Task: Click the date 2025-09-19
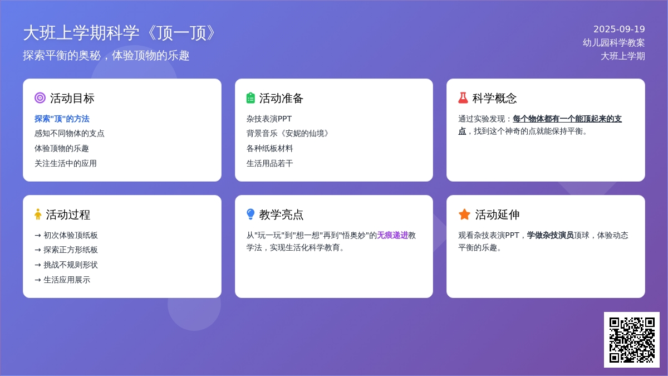coord(619,29)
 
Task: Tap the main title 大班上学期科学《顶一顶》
coord(119,33)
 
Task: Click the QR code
coord(632,340)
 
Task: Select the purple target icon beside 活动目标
coord(40,98)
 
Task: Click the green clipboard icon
coord(250,98)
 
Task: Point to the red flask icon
coord(463,98)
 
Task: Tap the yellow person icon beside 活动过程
coord(38,214)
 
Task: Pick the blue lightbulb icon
coord(250,214)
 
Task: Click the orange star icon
coord(464,214)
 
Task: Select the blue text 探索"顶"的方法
coord(62,119)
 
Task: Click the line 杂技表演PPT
coord(269,119)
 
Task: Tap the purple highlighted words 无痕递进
coord(392,235)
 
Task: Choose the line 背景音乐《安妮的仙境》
coord(287,133)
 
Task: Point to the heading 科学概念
coord(494,98)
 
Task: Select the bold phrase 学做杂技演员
coord(550,235)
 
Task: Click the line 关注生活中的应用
coord(66,163)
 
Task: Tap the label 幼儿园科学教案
coord(613,43)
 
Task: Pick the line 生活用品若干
coord(269,163)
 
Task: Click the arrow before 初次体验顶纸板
coord(38,236)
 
